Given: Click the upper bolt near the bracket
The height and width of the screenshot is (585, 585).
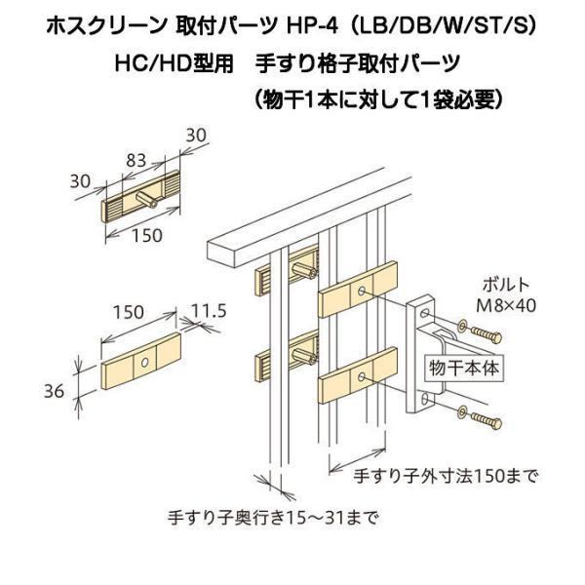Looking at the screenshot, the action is pos(484,331).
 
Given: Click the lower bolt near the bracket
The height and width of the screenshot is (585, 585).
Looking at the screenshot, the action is pos(484,421).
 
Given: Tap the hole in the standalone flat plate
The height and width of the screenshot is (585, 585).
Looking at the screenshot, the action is pos(143,362).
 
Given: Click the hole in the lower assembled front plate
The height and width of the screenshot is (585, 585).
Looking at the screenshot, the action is pos(363,376).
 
